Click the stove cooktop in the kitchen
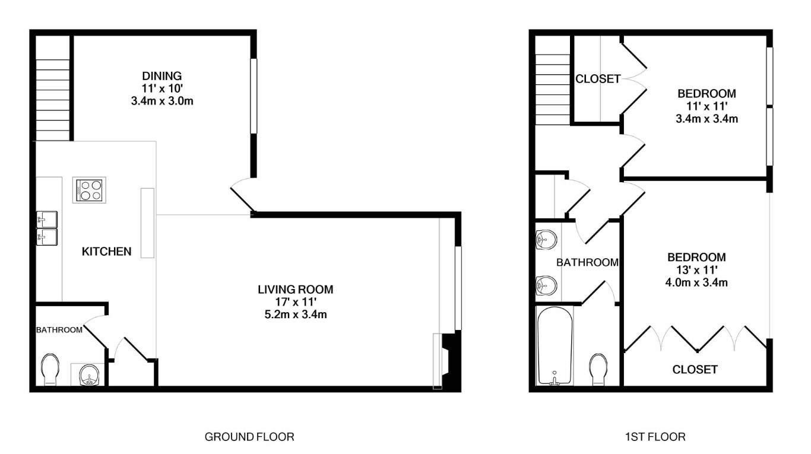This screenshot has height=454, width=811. [89, 190]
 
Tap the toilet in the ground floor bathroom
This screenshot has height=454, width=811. [50, 370]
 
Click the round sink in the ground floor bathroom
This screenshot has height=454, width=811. [88, 375]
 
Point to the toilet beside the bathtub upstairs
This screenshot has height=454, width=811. [598, 370]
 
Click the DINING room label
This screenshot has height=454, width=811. [162, 76]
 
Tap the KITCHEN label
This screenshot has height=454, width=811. [106, 252]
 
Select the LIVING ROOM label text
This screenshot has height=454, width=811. [296, 290]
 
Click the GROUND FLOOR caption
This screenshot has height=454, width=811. [249, 437]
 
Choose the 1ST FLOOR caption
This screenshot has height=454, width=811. [655, 437]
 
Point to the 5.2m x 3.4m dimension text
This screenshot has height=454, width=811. [296, 315]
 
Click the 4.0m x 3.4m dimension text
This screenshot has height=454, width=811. [696, 282]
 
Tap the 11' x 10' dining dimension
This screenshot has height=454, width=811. [162, 88]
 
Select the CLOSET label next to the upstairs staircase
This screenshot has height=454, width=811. [598, 79]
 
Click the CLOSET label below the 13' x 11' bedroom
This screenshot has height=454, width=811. [695, 370]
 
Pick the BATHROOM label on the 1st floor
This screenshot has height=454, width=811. [587, 262]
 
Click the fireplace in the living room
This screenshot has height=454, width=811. [448, 361]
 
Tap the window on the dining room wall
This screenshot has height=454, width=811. [254, 96]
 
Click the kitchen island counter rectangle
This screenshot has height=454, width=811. [147, 223]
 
